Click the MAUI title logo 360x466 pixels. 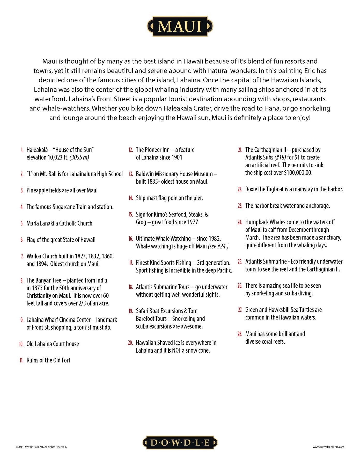(x=180, y=26)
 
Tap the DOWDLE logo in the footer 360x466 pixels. (x=180, y=442)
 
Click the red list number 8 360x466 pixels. (x=22, y=280)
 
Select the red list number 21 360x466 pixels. (x=240, y=150)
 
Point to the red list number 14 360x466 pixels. (x=131, y=198)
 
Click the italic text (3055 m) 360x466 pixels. (x=79, y=157)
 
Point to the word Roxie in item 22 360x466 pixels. (x=251, y=189)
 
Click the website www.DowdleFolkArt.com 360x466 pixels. (x=328, y=447)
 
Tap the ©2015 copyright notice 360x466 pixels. (x=41, y=447)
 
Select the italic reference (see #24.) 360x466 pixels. (x=218, y=246)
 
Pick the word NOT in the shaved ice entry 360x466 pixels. (x=176, y=351)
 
